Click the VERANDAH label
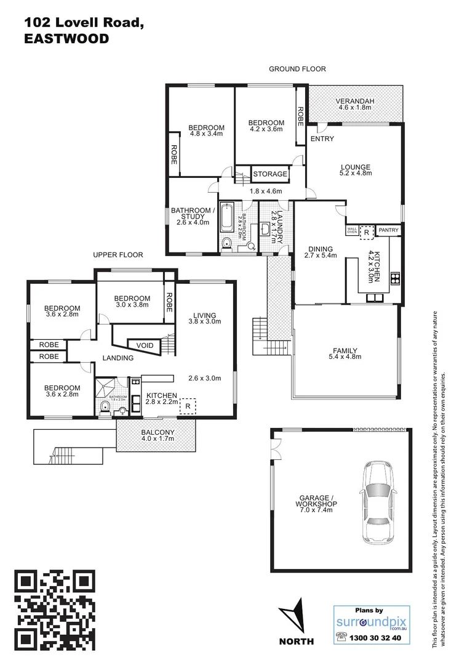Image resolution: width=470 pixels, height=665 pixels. (355, 102)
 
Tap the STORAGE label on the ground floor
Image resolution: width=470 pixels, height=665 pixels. (270, 174)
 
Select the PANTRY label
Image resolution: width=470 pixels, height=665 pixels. (388, 230)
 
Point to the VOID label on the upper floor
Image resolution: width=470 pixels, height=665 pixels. (145, 345)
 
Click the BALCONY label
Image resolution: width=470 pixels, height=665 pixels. (157, 432)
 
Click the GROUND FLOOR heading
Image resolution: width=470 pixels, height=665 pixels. (297, 69)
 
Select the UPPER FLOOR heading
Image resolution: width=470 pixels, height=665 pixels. (117, 255)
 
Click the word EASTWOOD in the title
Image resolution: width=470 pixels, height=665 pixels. (66, 39)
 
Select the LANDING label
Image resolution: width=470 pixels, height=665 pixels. (117, 358)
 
